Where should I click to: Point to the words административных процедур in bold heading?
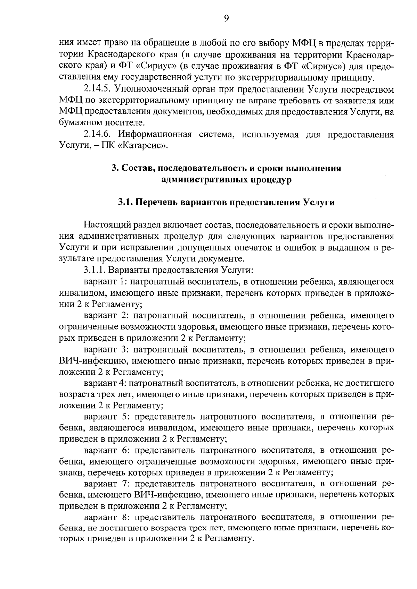coord(226,180)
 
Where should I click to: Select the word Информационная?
coord(155,135)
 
